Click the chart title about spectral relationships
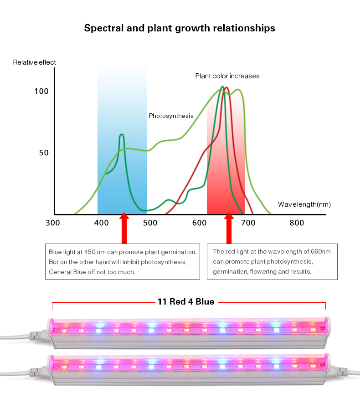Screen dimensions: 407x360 180,28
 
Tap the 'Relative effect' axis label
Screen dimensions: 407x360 35,62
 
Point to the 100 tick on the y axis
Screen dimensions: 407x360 41,92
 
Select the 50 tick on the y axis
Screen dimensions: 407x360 43,153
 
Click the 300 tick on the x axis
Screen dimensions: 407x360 52,223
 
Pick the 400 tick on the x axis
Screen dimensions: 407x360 101,223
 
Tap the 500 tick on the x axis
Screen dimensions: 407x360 150,223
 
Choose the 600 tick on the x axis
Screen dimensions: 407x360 199,223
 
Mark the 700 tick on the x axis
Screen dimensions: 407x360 248,223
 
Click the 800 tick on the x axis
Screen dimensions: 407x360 297,223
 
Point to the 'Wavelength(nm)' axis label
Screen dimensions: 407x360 304,205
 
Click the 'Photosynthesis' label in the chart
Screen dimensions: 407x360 171,116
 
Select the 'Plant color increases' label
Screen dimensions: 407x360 227,76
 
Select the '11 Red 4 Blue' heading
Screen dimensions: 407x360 186,302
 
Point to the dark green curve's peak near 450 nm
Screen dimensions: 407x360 122,135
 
